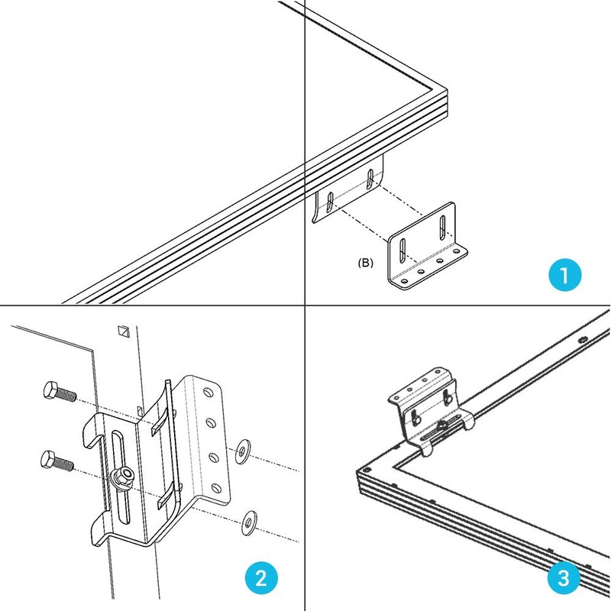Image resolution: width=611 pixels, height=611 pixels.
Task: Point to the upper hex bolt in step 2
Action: coord(57,393)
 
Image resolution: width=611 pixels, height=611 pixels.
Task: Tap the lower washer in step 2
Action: coord(247,522)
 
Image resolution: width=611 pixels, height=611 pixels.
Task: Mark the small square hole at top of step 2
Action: coord(122,331)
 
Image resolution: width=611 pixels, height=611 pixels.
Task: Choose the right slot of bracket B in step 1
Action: coord(441,227)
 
